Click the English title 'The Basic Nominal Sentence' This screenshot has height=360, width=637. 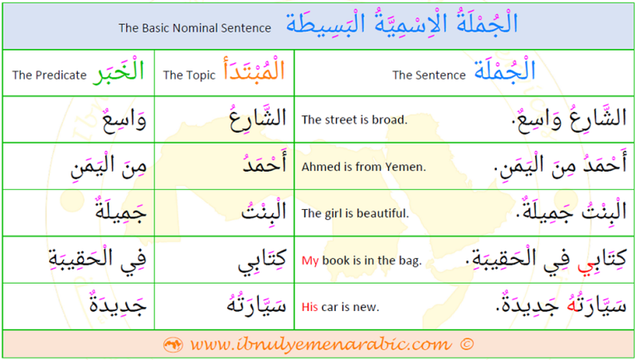tap(195, 28)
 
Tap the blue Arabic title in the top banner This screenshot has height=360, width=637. tap(401, 22)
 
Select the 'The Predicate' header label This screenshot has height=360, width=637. tap(49, 75)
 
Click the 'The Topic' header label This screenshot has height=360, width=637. tap(189, 75)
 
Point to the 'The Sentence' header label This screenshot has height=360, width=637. tap(429, 75)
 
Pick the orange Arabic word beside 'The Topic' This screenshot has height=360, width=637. tap(254, 69)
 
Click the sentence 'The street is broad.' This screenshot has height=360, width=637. tap(354, 120)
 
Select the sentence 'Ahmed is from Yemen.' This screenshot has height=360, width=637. tap(363, 167)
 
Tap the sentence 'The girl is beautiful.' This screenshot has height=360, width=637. tap(355, 213)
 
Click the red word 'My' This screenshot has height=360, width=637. tap(310, 260)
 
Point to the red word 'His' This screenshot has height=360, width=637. tap(309, 307)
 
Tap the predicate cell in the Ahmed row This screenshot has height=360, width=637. tap(79, 166)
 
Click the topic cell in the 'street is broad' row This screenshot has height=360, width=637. tap(224, 119)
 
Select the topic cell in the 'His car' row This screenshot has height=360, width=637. tap(224, 306)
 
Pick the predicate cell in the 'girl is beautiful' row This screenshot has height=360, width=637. tap(79, 213)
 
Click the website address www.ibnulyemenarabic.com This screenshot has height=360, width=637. tap(321, 344)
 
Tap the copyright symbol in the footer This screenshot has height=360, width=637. tap(467, 344)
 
